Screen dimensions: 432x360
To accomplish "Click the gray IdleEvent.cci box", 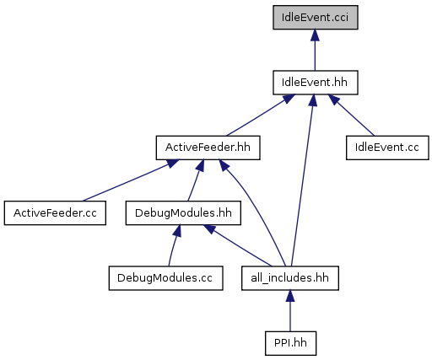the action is (316, 17).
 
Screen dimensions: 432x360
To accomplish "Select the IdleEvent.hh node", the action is (316, 83).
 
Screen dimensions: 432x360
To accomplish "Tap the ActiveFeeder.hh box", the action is (208, 148).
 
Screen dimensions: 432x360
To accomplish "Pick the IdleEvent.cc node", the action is (387, 148).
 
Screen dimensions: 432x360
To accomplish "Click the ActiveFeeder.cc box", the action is (55, 212).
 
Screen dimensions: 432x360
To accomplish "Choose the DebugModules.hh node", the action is (183, 212).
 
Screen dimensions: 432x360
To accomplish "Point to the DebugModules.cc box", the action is (166, 278).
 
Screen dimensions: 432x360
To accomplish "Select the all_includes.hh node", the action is (290, 278).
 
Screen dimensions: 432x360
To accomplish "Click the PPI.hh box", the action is (290, 343).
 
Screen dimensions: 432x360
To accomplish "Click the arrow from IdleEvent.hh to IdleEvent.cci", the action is (315, 50).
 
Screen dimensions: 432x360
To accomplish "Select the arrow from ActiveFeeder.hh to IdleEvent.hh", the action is (261, 116).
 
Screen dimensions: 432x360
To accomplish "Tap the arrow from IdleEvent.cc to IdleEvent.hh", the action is (351, 116).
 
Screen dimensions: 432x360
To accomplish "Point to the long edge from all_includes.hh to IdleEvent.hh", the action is (303, 180).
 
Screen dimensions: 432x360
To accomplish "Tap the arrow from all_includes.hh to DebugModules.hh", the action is (238, 245).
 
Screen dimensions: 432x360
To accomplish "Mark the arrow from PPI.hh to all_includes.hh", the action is (290, 310).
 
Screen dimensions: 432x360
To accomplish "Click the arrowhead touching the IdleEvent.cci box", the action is (315, 35).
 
